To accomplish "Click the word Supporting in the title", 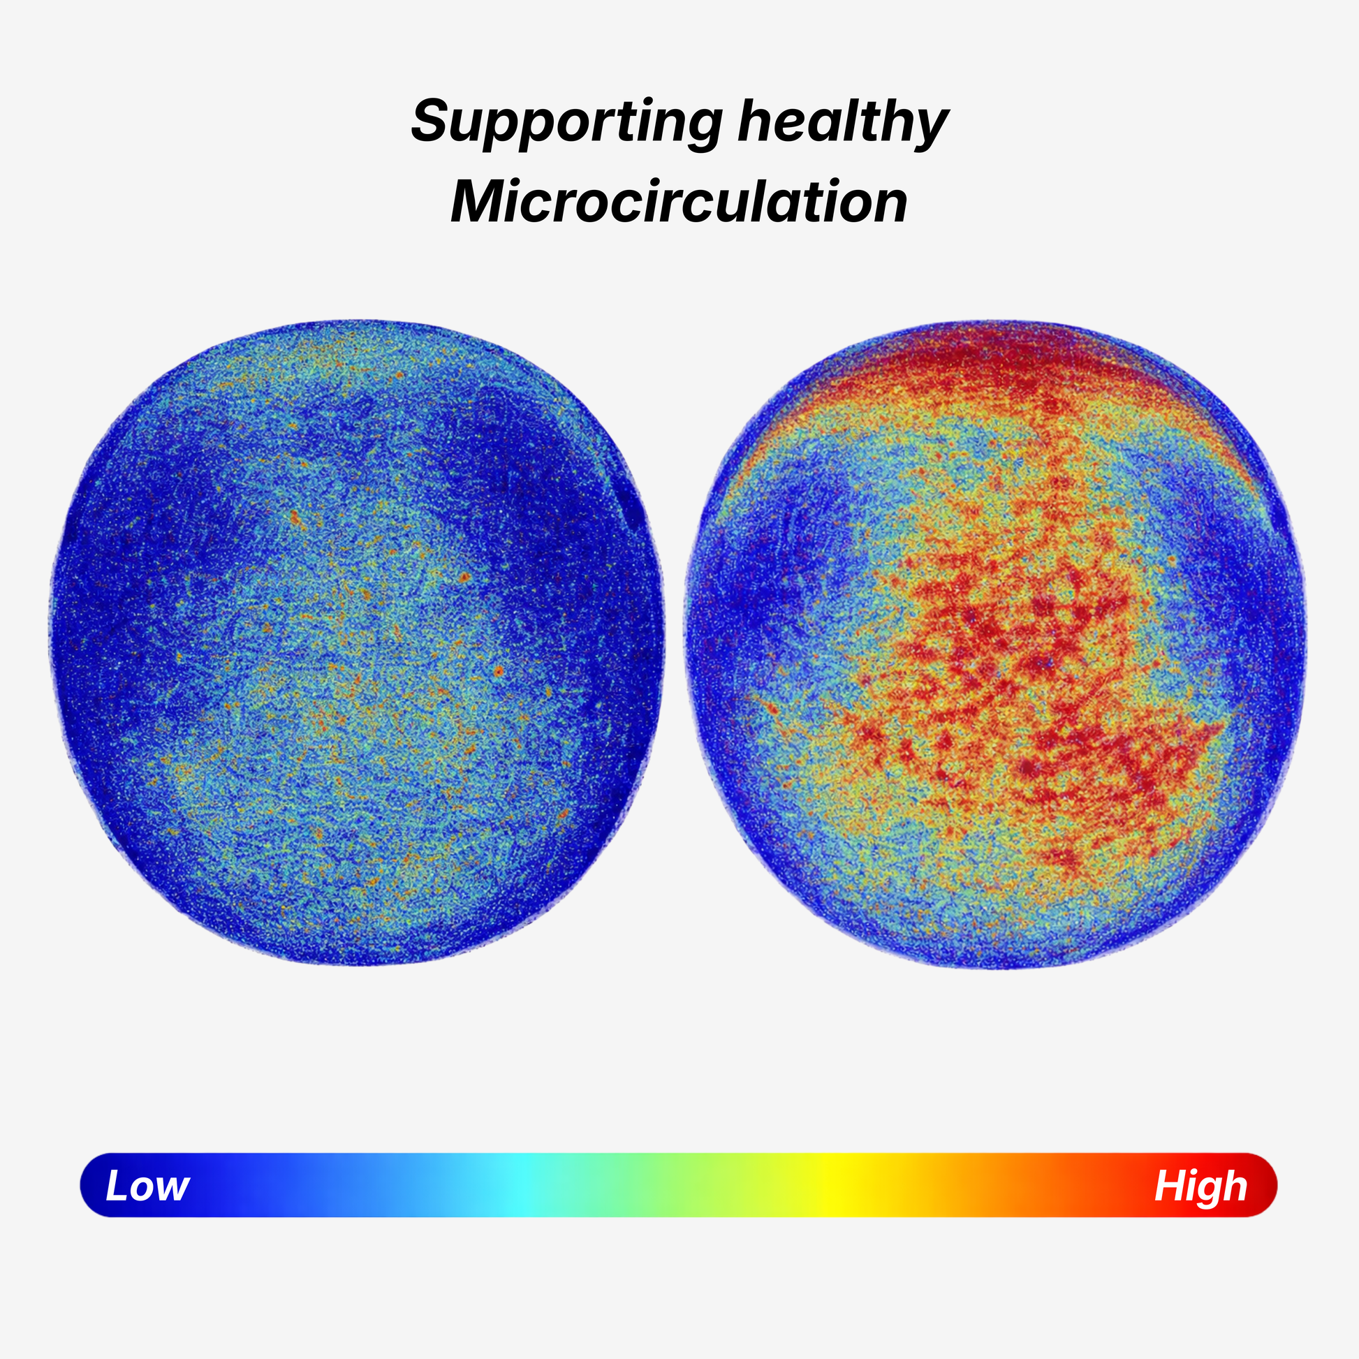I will [x=566, y=122].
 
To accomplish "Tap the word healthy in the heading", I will [x=843, y=122].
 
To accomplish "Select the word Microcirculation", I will [x=679, y=202].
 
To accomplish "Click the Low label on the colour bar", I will [x=147, y=1186].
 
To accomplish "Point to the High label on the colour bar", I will [x=1200, y=1186].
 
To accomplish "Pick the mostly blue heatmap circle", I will [x=357, y=642].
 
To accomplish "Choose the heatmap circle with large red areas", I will [x=994, y=645].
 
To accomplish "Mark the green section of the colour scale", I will [x=668, y=1185].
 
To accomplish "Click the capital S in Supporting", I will [x=429, y=121].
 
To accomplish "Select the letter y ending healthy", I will [x=930, y=126].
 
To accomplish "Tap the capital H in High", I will [x=1168, y=1186].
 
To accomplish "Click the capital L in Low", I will [x=116, y=1186].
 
